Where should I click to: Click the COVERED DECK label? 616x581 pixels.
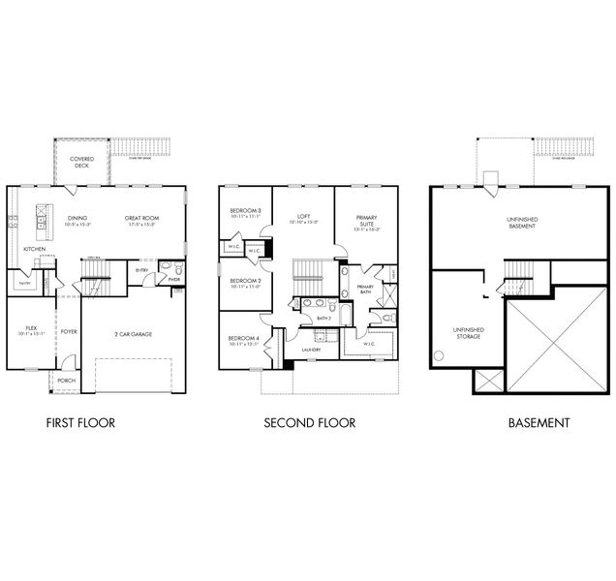[81, 162]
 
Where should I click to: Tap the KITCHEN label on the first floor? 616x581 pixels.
[34, 249]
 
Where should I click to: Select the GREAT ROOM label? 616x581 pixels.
[141, 219]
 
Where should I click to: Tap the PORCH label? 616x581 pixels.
[65, 381]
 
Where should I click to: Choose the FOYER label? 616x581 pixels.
[68, 332]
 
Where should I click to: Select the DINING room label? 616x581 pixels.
[77, 219]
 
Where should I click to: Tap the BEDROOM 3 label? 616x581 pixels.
[244, 213]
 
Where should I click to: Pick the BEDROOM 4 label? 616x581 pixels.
[243, 339]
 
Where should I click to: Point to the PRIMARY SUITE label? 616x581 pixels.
[366, 222]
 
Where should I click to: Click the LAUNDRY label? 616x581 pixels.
[311, 350]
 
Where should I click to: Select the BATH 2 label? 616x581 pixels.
[324, 317]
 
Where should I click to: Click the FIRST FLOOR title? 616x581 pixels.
[81, 423]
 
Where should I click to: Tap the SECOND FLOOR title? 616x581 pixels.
[311, 423]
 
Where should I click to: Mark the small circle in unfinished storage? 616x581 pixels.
[440, 355]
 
